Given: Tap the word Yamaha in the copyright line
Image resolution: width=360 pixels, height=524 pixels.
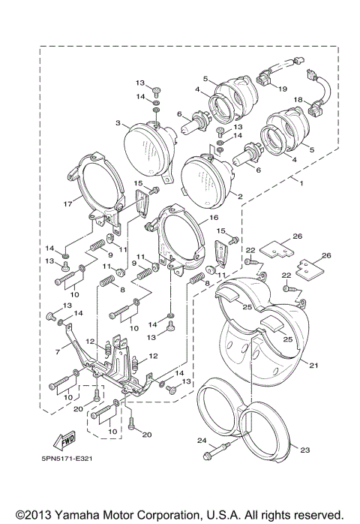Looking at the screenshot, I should (72, 513).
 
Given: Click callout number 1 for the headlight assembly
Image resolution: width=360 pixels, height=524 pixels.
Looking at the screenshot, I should (301, 182).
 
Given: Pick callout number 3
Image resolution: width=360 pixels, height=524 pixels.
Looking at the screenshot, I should (118, 122).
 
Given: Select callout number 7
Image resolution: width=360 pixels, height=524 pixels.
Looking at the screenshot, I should (57, 351).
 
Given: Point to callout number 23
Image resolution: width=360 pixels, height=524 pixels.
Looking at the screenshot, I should (304, 450).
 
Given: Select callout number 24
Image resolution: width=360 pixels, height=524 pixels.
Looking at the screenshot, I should (200, 440).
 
